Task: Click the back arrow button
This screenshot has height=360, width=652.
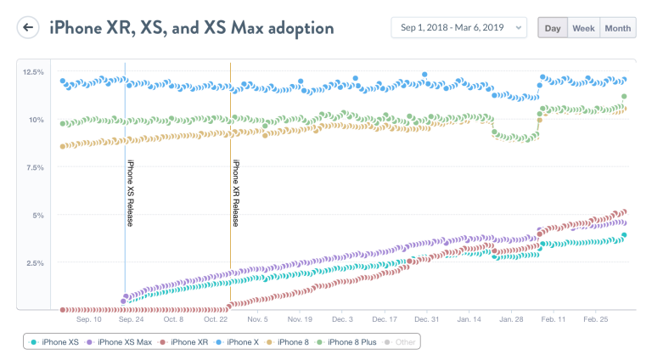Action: (x=29, y=28)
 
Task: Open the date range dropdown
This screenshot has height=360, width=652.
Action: (x=458, y=28)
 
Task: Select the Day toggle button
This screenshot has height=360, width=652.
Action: (x=553, y=28)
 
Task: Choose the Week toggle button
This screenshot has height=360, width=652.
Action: (x=583, y=28)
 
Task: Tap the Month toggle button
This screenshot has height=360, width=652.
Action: (x=617, y=28)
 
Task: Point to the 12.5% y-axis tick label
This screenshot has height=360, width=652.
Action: (x=33, y=72)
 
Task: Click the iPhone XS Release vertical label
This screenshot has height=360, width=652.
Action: (x=130, y=193)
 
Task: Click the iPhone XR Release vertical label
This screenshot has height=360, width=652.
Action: (x=235, y=193)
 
